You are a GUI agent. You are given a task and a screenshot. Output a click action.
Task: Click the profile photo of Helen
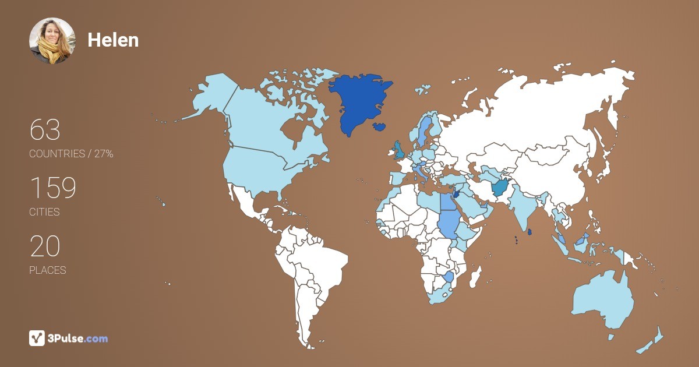[52, 41]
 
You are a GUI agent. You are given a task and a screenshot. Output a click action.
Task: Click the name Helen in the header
[113, 40]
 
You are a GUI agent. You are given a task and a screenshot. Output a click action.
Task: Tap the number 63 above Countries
[45, 130]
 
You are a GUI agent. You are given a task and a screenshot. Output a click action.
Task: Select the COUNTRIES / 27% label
[71, 154]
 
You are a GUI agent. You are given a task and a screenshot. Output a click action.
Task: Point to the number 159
[53, 188]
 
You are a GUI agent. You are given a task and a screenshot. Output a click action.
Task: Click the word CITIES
[44, 212]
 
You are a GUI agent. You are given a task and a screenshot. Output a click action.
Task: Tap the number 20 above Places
[45, 246]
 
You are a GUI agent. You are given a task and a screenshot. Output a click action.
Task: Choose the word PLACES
[47, 270]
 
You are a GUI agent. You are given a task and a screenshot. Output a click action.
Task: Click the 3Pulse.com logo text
[78, 338]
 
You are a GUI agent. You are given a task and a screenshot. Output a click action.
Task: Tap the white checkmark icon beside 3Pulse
[37, 338]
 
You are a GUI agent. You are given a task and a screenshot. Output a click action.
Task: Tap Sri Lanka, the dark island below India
[530, 232]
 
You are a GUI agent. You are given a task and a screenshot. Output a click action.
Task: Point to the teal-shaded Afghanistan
[500, 188]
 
